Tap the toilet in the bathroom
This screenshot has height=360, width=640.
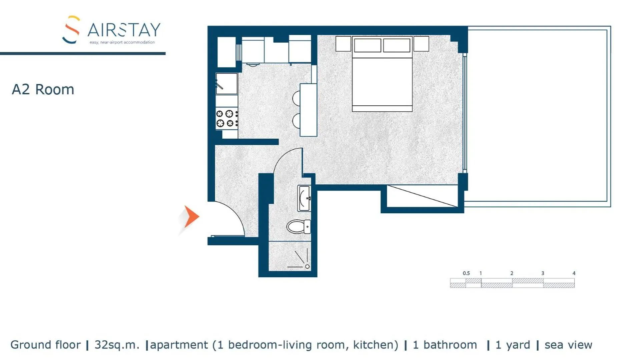point(298,227)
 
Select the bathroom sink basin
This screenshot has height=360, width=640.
point(304,198)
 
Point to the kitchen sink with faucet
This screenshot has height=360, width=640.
point(226,84)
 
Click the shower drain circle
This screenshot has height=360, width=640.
point(307,266)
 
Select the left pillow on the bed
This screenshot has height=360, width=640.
point(367,45)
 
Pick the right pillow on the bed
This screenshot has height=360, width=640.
point(397,45)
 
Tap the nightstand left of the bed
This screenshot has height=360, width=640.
point(343,44)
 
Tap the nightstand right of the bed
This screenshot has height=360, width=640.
point(421,44)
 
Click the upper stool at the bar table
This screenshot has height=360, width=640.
point(296,98)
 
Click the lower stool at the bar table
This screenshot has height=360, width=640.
point(296,121)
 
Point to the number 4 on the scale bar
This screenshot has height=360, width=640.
point(574,273)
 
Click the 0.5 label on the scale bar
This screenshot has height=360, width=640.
point(466,273)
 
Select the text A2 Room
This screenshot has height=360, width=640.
point(43,89)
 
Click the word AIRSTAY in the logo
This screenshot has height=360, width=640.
point(124,30)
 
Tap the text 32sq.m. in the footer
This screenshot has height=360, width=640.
point(117,345)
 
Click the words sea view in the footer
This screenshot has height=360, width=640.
point(568,345)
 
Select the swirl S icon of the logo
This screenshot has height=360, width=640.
point(71,29)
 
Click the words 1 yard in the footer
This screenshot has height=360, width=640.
point(513,345)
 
